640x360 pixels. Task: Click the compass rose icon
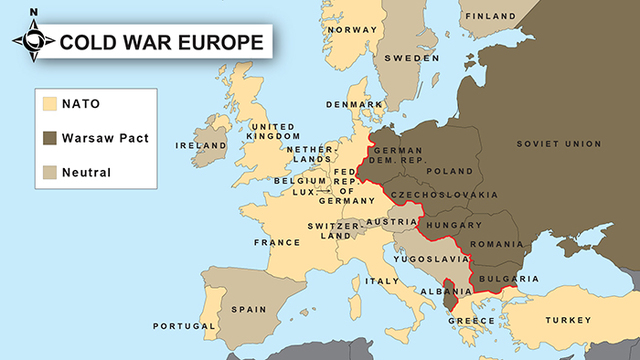(x=33, y=41)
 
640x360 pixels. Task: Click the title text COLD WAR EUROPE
(x=161, y=42)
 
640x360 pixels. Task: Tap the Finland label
(x=491, y=17)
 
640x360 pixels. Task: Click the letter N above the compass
(x=33, y=13)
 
